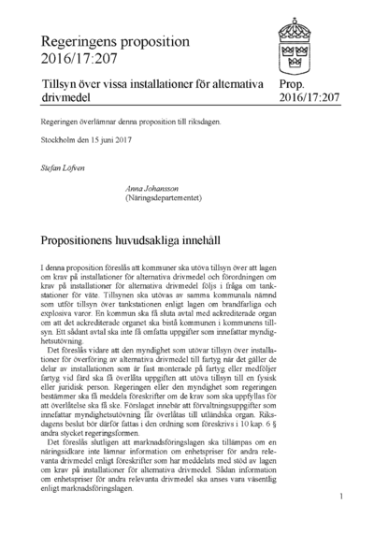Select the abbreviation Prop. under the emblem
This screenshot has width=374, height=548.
click(293, 84)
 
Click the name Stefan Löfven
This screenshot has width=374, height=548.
click(63, 168)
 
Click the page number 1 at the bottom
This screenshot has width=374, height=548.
click(342, 496)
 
